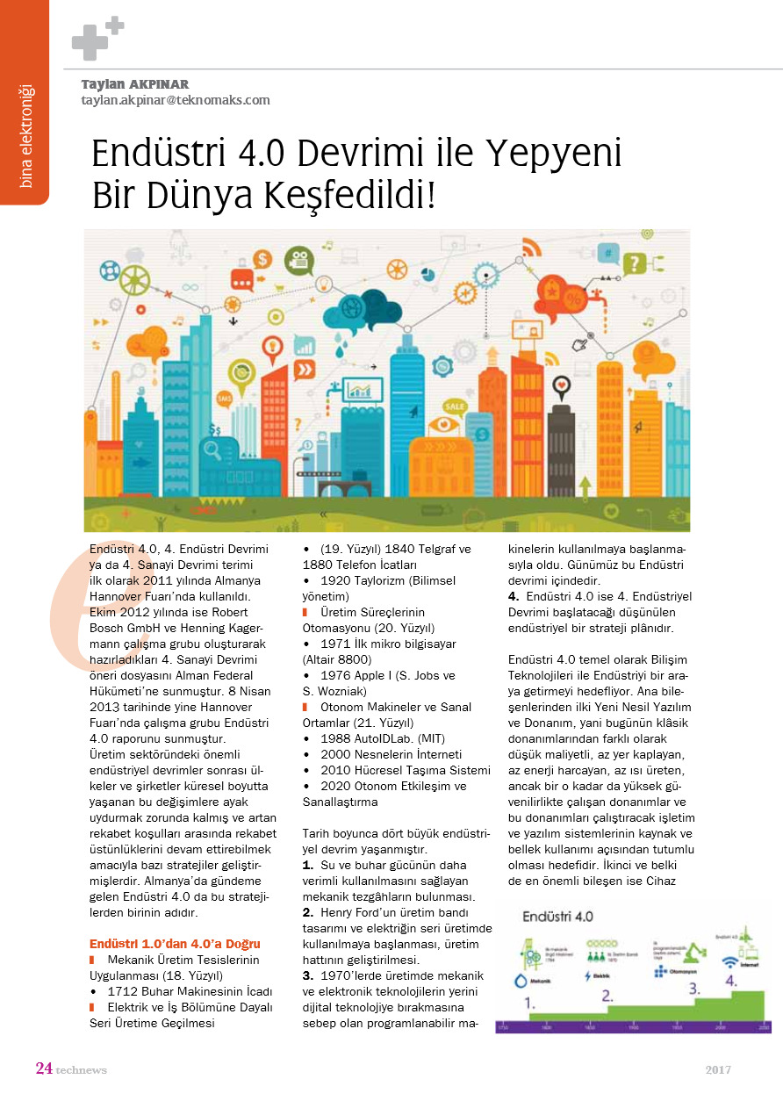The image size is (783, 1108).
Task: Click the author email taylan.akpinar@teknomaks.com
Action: tap(176, 100)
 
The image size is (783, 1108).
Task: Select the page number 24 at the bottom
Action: tap(44, 1068)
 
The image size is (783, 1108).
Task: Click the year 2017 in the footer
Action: tap(717, 1069)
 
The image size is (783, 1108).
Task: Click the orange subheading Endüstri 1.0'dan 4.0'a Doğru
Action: tap(176, 944)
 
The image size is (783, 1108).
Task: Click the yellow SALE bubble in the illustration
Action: tap(454, 407)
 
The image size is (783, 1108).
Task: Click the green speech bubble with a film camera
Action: tap(299, 260)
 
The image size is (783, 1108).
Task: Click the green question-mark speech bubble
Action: tap(634, 262)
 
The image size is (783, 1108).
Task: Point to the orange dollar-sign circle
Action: tap(262, 259)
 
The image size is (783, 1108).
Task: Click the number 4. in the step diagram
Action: tap(729, 979)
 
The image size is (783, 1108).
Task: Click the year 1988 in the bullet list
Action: tap(336, 738)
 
